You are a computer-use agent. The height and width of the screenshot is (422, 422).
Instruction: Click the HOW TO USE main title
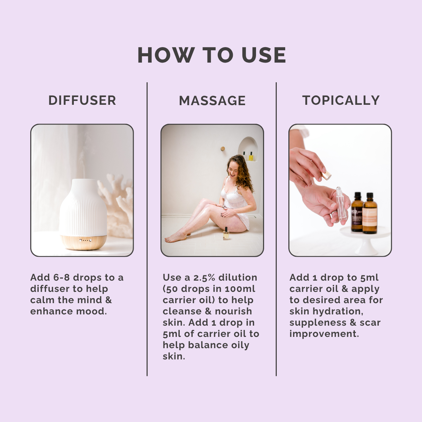coord(211,55)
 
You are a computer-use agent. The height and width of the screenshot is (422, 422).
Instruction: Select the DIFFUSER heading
coord(82,101)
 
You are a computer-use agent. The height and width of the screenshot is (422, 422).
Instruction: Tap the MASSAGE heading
coord(212,101)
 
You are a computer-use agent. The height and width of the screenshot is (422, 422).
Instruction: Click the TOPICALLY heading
coord(341,101)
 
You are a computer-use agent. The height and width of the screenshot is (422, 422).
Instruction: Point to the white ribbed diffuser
coord(83,207)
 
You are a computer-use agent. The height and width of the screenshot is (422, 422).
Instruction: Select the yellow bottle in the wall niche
coord(251,156)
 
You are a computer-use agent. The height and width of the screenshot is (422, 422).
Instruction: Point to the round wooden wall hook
coord(223,149)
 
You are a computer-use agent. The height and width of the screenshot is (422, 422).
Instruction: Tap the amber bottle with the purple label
coord(357,213)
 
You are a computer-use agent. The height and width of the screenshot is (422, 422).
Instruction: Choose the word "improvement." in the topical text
coord(324,334)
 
